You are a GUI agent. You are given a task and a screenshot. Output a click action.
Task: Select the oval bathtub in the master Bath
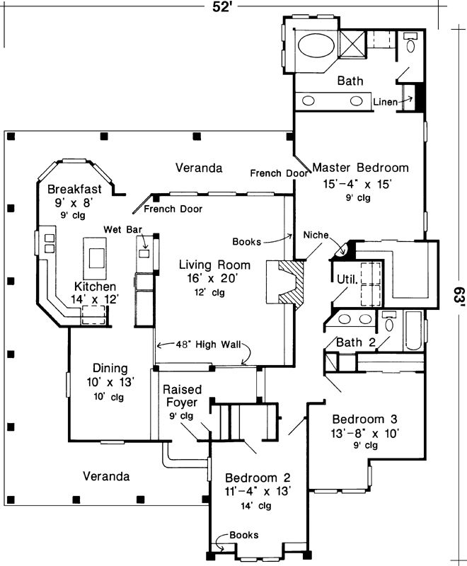click(313, 48)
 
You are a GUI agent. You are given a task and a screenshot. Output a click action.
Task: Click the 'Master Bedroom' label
click(360, 168)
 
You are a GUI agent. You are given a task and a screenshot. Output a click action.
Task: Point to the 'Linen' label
click(384, 103)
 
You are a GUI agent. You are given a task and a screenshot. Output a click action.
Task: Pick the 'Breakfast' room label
click(75, 189)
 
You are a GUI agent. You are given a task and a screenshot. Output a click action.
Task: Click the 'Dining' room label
click(110, 368)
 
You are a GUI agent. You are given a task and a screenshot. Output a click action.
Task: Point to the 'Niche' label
click(316, 235)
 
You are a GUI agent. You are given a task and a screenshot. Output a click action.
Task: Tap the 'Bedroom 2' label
click(257, 477)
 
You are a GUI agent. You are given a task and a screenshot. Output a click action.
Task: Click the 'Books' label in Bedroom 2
click(244, 535)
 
